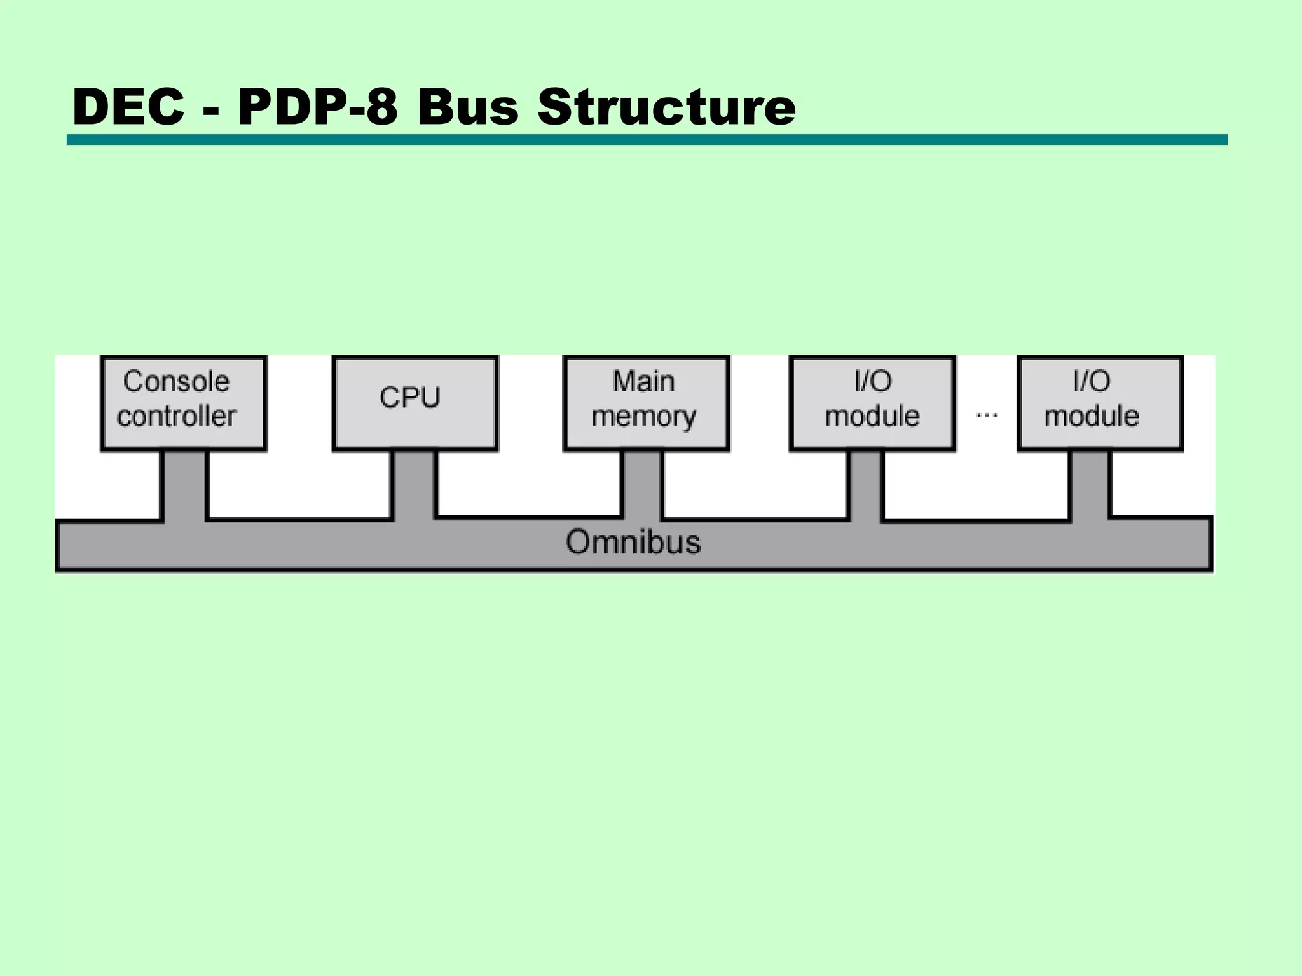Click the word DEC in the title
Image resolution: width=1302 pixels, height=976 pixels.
[x=128, y=106]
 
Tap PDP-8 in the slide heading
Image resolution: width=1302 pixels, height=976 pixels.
[x=318, y=106]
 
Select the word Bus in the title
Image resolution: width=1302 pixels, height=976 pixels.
[x=468, y=106]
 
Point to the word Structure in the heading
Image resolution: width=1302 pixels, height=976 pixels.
[x=666, y=106]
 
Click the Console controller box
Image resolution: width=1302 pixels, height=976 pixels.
[x=184, y=403]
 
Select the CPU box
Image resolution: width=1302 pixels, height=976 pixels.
[x=415, y=403]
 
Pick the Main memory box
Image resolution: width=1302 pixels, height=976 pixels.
[x=646, y=403]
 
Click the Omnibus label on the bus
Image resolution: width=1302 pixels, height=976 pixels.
[x=633, y=542]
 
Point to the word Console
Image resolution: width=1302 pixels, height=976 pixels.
[x=176, y=381]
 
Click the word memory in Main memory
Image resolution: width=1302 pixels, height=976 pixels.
[x=643, y=417]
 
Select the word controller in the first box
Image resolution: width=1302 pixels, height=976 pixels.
[x=177, y=416]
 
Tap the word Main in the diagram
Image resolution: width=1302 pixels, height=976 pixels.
[x=643, y=381]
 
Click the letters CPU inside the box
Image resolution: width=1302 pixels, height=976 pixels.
[x=410, y=398]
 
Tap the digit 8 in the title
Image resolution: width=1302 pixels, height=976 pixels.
[x=382, y=106]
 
